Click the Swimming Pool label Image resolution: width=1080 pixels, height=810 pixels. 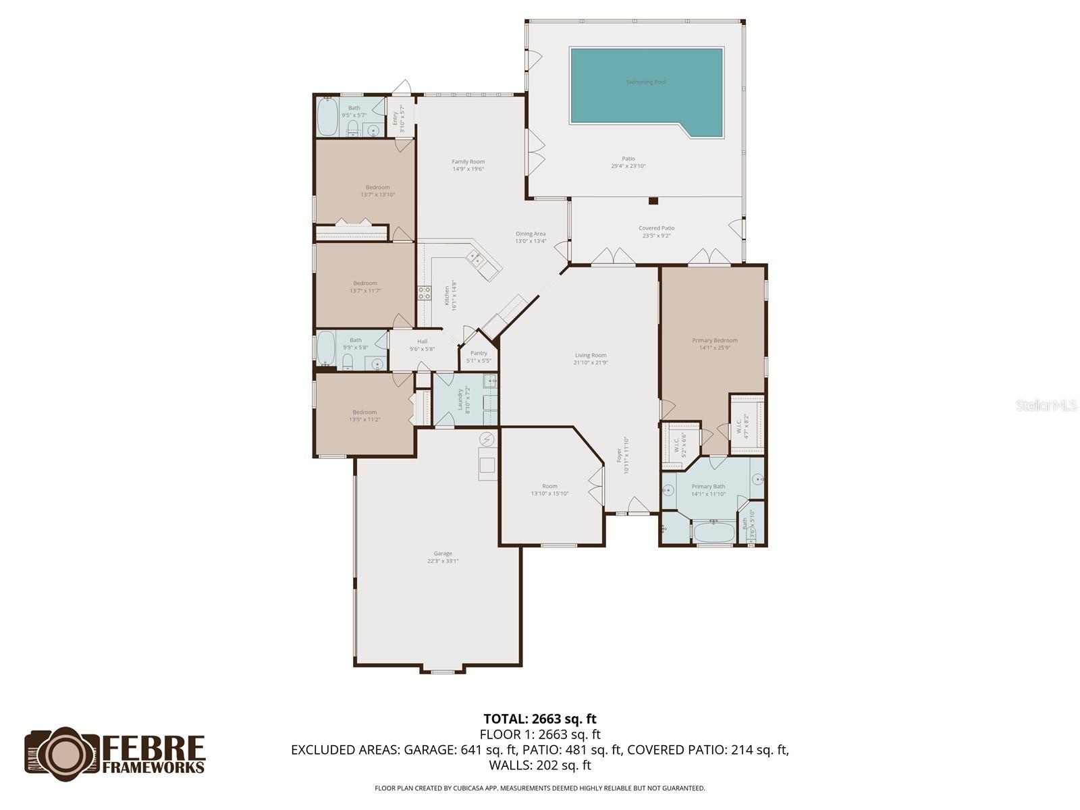(645, 82)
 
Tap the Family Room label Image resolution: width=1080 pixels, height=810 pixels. (468, 162)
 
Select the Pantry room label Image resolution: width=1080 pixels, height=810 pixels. (479, 353)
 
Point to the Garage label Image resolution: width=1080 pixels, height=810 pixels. (443, 553)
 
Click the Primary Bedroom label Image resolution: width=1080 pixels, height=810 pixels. (714, 341)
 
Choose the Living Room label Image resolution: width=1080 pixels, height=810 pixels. (591, 355)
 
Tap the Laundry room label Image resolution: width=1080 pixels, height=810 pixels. (461, 399)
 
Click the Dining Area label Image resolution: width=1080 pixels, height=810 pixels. (531, 234)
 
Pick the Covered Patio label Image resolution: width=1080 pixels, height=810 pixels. (657, 228)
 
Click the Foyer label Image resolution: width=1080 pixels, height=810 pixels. (619, 456)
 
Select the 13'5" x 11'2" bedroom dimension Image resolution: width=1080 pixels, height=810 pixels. (364, 420)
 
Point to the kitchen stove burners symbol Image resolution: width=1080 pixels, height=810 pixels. (425, 293)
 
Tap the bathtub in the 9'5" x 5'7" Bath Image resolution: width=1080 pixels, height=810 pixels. (328, 117)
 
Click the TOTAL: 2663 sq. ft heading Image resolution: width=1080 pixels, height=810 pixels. (540, 719)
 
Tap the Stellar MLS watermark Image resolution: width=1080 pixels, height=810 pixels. (1046, 406)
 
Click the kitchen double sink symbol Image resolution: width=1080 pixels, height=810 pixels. (475, 256)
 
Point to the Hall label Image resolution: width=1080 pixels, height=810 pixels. (422, 342)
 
